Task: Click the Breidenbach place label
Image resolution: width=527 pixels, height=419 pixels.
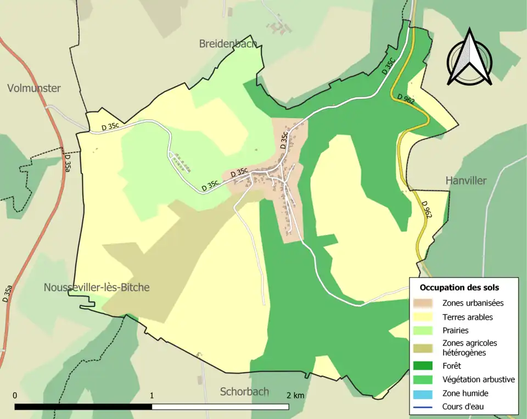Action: coord(228,44)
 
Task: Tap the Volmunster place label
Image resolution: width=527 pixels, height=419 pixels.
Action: coord(34,88)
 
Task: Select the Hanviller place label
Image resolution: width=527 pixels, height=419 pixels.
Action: coord(466,181)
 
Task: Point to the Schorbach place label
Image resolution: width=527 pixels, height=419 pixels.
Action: coord(244,392)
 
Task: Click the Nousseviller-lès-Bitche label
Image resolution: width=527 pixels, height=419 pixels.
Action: coord(97,287)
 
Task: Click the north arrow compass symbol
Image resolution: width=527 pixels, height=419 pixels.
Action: coord(469,58)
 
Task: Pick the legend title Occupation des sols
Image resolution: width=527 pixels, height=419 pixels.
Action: coord(459,287)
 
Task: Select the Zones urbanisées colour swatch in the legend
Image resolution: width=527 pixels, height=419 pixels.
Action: coord(427,303)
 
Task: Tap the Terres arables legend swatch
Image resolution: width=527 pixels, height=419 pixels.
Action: coord(427,317)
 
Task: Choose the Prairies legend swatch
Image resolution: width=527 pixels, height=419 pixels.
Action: coord(427,331)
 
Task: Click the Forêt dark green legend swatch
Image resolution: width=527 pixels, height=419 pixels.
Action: coord(427,365)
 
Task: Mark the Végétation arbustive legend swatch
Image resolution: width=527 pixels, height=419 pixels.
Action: coord(427,379)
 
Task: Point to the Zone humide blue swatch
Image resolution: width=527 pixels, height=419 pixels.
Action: coord(427,393)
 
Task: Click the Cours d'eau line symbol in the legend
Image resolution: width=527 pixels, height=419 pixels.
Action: coord(427,407)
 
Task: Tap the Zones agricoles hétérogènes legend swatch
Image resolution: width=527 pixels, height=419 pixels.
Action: coord(427,348)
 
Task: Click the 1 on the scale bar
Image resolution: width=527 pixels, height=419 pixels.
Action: coord(152,395)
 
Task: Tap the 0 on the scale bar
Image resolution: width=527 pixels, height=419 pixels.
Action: coord(15,395)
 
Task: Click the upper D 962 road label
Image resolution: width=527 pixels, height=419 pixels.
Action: coord(406,99)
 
